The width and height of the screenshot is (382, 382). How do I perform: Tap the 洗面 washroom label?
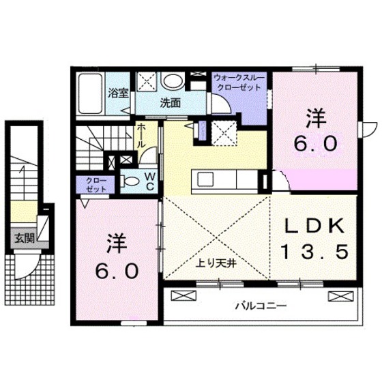click(x=170, y=104)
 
